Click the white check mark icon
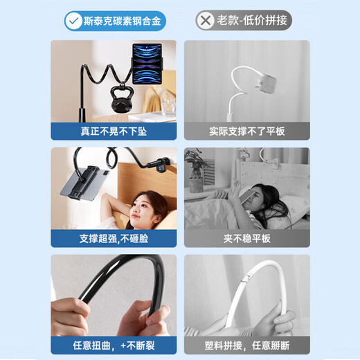[x=73, y=21]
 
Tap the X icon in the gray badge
[x=206, y=21]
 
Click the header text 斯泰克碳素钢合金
[x=122, y=21]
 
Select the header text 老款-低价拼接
[x=252, y=20]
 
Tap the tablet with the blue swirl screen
[x=147, y=63]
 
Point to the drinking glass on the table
[x=168, y=107]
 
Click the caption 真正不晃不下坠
[x=114, y=132]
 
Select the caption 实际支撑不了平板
[x=247, y=132]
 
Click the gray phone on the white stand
[x=267, y=83]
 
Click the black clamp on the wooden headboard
[x=163, y=165]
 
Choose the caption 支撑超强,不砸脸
[x=114, y=238]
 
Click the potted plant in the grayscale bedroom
[x=196, y=170]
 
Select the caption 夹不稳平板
[x=247, y=238]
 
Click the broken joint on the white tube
[x=246, y=278]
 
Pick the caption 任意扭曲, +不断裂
[x=114, y=345]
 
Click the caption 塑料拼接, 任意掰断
[x=247, y=345]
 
